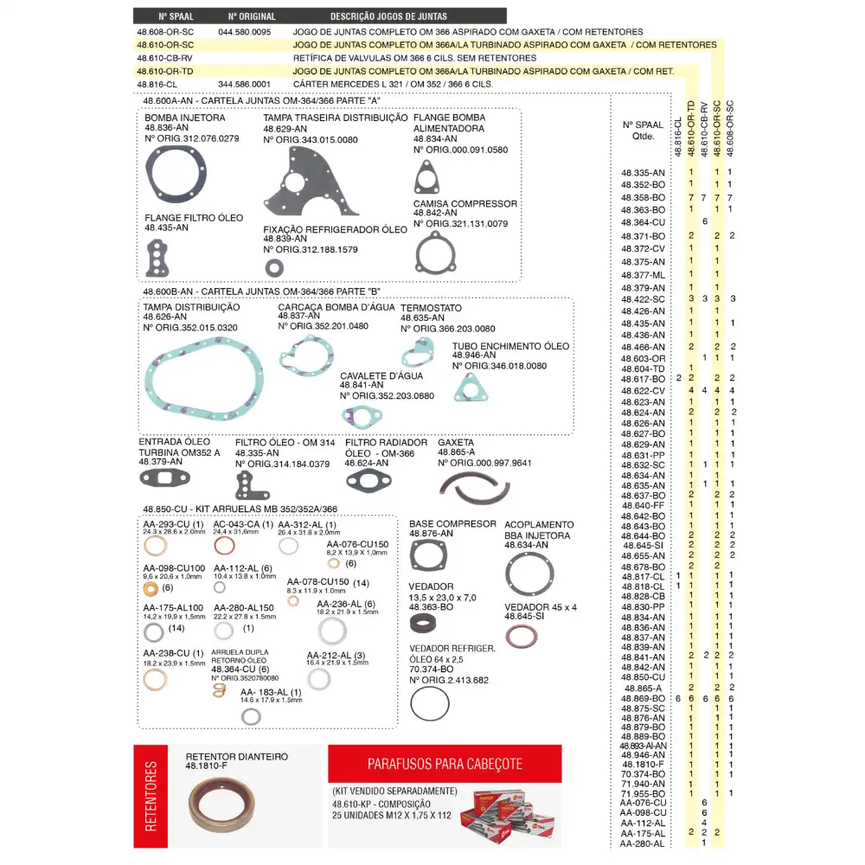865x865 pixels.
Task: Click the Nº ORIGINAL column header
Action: [x=252, y=16]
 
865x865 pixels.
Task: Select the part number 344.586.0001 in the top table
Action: [x=245, y=84]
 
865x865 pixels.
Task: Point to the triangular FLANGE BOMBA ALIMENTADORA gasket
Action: [x=425, y=179]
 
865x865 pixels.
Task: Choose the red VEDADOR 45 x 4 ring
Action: [x=522, y=638]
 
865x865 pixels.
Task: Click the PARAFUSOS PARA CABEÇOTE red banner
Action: [x=445, y=765]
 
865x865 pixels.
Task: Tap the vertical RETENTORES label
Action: [x=151, y=796]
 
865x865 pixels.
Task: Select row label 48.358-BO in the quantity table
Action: [x=643, y=197]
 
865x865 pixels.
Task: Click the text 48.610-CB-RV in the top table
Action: [x=164, y=57]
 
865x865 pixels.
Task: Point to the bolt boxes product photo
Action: [x=508, y=817]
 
